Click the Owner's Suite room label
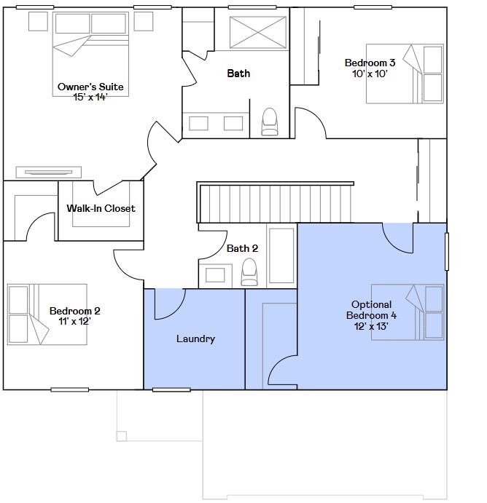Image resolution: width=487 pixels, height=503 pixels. coord(90,87)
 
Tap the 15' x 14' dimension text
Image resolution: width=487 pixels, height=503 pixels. coord(90,97)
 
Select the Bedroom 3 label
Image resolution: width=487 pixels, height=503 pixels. coord(370,63)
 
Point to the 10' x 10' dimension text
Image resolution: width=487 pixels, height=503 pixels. coord(370,74)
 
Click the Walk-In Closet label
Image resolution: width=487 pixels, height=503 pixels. coord(101,208)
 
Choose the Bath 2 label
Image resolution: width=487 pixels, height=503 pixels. coord(242,248)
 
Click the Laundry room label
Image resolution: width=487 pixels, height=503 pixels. coord(195,338)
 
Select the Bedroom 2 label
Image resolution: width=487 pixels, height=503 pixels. coord(74,311)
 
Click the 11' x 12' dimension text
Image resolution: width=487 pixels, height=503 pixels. coord(74,321)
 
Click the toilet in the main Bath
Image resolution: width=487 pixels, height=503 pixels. coord(270,122)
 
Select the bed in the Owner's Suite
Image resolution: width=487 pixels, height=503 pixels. coord(91,55)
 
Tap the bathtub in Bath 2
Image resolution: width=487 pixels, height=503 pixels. coord(281,256)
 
